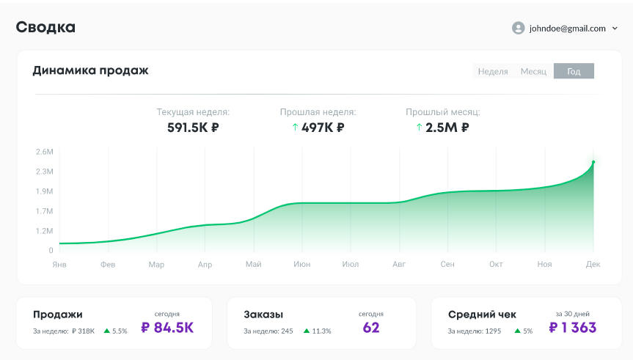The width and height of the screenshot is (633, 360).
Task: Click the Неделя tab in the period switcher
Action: click(493, 71)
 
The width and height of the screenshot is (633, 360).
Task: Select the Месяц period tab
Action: click(533, 71)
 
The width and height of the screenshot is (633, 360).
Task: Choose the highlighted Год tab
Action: click(574, 71)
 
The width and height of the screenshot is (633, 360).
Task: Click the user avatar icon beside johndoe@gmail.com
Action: click(518, 29)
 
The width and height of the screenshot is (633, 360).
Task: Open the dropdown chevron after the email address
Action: click(615, 29)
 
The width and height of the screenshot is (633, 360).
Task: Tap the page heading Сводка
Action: click(45, 28)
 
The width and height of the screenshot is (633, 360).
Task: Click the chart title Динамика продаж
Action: click(90, 70)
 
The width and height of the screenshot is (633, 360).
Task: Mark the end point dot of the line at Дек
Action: click(593, 162)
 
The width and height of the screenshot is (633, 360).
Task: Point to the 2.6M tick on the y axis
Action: click(44, 152)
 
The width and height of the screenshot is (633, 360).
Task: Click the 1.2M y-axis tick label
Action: click(44, 231)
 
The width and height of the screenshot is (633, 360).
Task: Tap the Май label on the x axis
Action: click(254, 264)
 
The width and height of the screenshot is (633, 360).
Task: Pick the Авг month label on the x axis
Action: click(399, 264)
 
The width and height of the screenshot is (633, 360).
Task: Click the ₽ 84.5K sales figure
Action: click(167, 328)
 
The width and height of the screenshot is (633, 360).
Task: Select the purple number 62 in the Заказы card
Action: click(371, 328)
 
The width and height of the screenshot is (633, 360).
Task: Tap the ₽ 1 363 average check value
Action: click(573, 328)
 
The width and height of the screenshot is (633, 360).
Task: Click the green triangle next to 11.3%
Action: click(307, 331)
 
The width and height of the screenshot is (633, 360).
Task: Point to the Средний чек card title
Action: click(482, 315)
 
